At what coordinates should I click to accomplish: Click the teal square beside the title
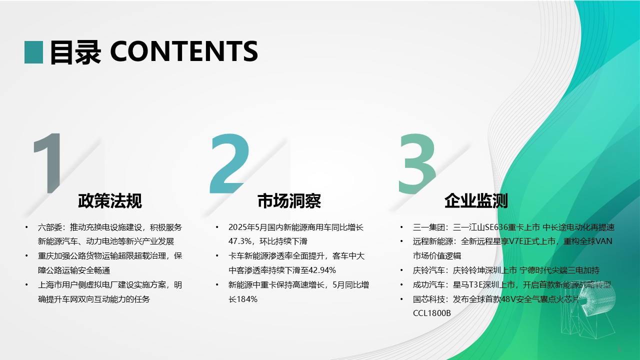tap(33, 52)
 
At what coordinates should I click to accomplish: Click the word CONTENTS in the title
tap(184, 51)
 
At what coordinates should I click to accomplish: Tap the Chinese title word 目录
tap(75, 52)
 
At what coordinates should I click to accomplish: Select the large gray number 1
tap(47, 163)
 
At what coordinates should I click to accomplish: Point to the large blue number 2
tap(229, 163)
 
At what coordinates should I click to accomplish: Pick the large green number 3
tap(417, 164)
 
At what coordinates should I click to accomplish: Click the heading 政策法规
tap(110, 201)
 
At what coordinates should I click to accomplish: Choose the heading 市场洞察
tap(289, 201)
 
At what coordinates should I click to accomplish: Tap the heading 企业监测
tap(476, 201)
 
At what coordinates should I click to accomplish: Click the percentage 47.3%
tap(240, 241)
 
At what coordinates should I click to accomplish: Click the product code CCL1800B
tap(432, 313)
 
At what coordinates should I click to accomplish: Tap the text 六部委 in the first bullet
tap(50, 227)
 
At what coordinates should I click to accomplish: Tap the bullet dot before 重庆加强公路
tap(26, 255)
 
